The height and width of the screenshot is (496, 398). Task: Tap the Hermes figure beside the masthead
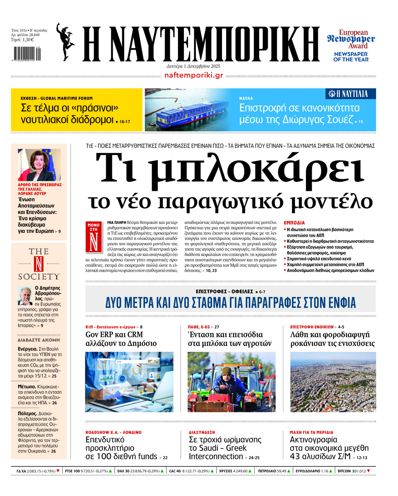pos(65,42)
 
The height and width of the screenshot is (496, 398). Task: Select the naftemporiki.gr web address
pos(194,75)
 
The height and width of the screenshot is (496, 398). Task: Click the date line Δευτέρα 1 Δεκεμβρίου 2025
pos(193,66)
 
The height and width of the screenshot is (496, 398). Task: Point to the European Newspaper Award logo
pos(351,45)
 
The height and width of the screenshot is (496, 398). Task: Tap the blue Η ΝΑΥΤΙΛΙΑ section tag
pos(351,94)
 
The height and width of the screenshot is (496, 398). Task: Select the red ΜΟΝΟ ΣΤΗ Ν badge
pos(93,237)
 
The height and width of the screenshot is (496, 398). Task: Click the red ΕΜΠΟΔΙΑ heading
pos(294,223)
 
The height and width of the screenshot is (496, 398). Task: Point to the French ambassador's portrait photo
pos(39,165)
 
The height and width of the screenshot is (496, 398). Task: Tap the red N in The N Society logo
pos(38,264)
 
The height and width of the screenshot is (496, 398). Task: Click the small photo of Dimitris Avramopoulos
pos(25,296)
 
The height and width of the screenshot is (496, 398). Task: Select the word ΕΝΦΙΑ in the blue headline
pos(338,302)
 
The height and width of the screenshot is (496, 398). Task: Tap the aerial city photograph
pos(333,382)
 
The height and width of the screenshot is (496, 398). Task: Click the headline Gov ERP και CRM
pos(114,335)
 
